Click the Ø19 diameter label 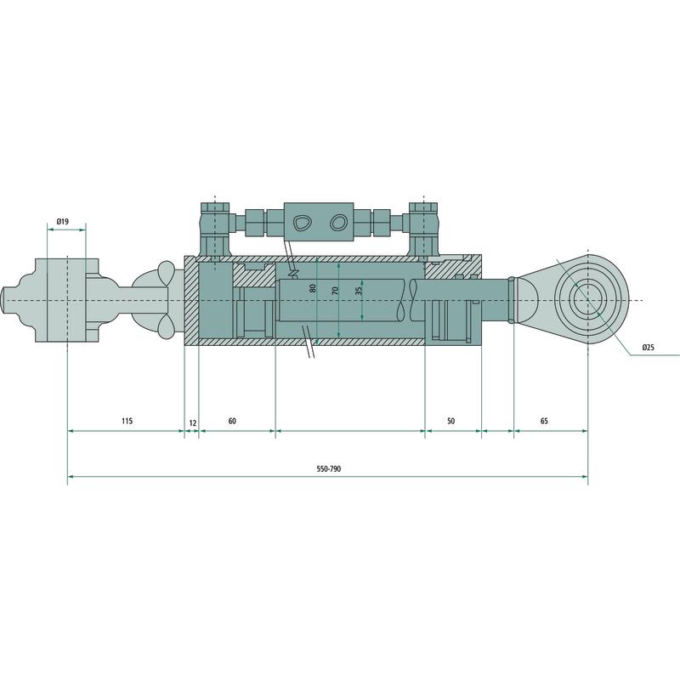coord(62,222)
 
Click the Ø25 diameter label coord(648,348)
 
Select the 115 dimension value coord(126,422)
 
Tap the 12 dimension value coord(192,422)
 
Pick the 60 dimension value coord(232,422)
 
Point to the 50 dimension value coord(450,422)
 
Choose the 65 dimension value coord(544,422)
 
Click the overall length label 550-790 coord(328,469)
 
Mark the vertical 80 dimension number coord(313,288)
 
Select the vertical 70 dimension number coord(336,290)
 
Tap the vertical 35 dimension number coord(359,291)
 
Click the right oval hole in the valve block coord(338,223)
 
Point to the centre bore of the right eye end coord(586,301)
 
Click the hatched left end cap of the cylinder coord(191,301)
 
